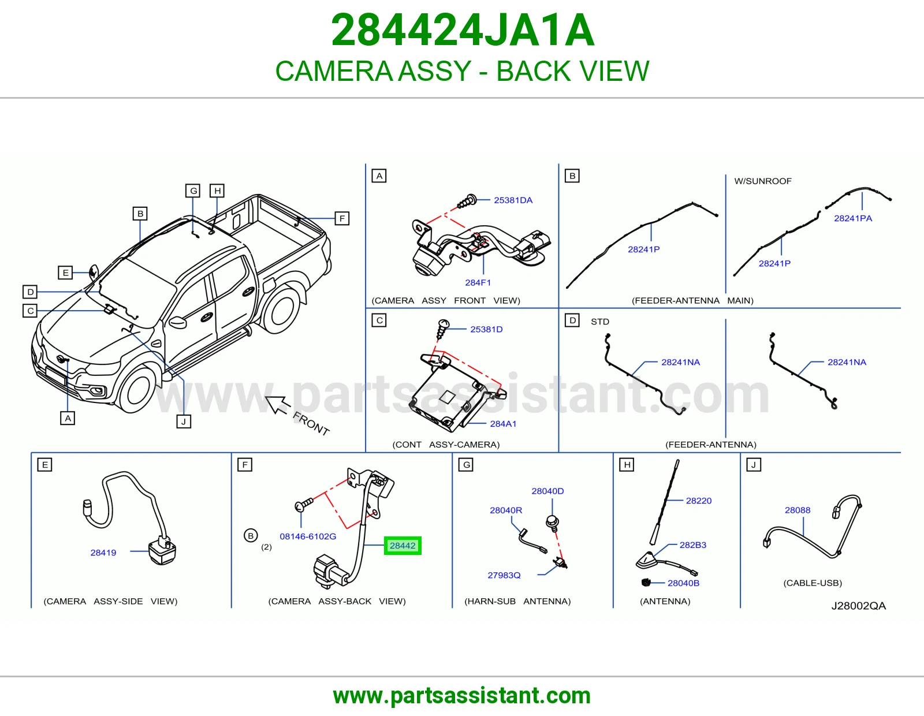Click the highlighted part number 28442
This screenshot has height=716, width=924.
(x=403, y=546)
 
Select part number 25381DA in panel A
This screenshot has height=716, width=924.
(x=513, y=200)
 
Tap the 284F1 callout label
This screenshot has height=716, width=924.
(x=478, y=282)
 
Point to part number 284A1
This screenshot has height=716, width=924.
(x=503, y=423)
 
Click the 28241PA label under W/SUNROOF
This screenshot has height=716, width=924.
(x=852, y=218)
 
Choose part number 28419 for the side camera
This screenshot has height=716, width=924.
(x=103, y=553)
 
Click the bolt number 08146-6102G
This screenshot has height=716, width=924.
(x=308, y=536)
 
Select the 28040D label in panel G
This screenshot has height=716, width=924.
(x=547, y=491)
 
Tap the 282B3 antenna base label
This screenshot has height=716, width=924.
(x=692, y=545)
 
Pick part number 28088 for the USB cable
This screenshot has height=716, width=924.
(x=798, y=510)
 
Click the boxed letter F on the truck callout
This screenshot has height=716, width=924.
(x=342, y=218)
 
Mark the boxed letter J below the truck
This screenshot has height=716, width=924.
(x=184, y=422)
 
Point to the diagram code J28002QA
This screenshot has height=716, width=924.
(x=859, y=606)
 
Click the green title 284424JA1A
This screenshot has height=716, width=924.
(x=462, y=30)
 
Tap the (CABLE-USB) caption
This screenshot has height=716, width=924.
(x=813, y=583)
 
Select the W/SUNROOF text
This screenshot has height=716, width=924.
(x=763, y=181)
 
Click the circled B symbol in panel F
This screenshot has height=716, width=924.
(x=251, y=536)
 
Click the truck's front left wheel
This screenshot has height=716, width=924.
(x=137, y=390)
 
